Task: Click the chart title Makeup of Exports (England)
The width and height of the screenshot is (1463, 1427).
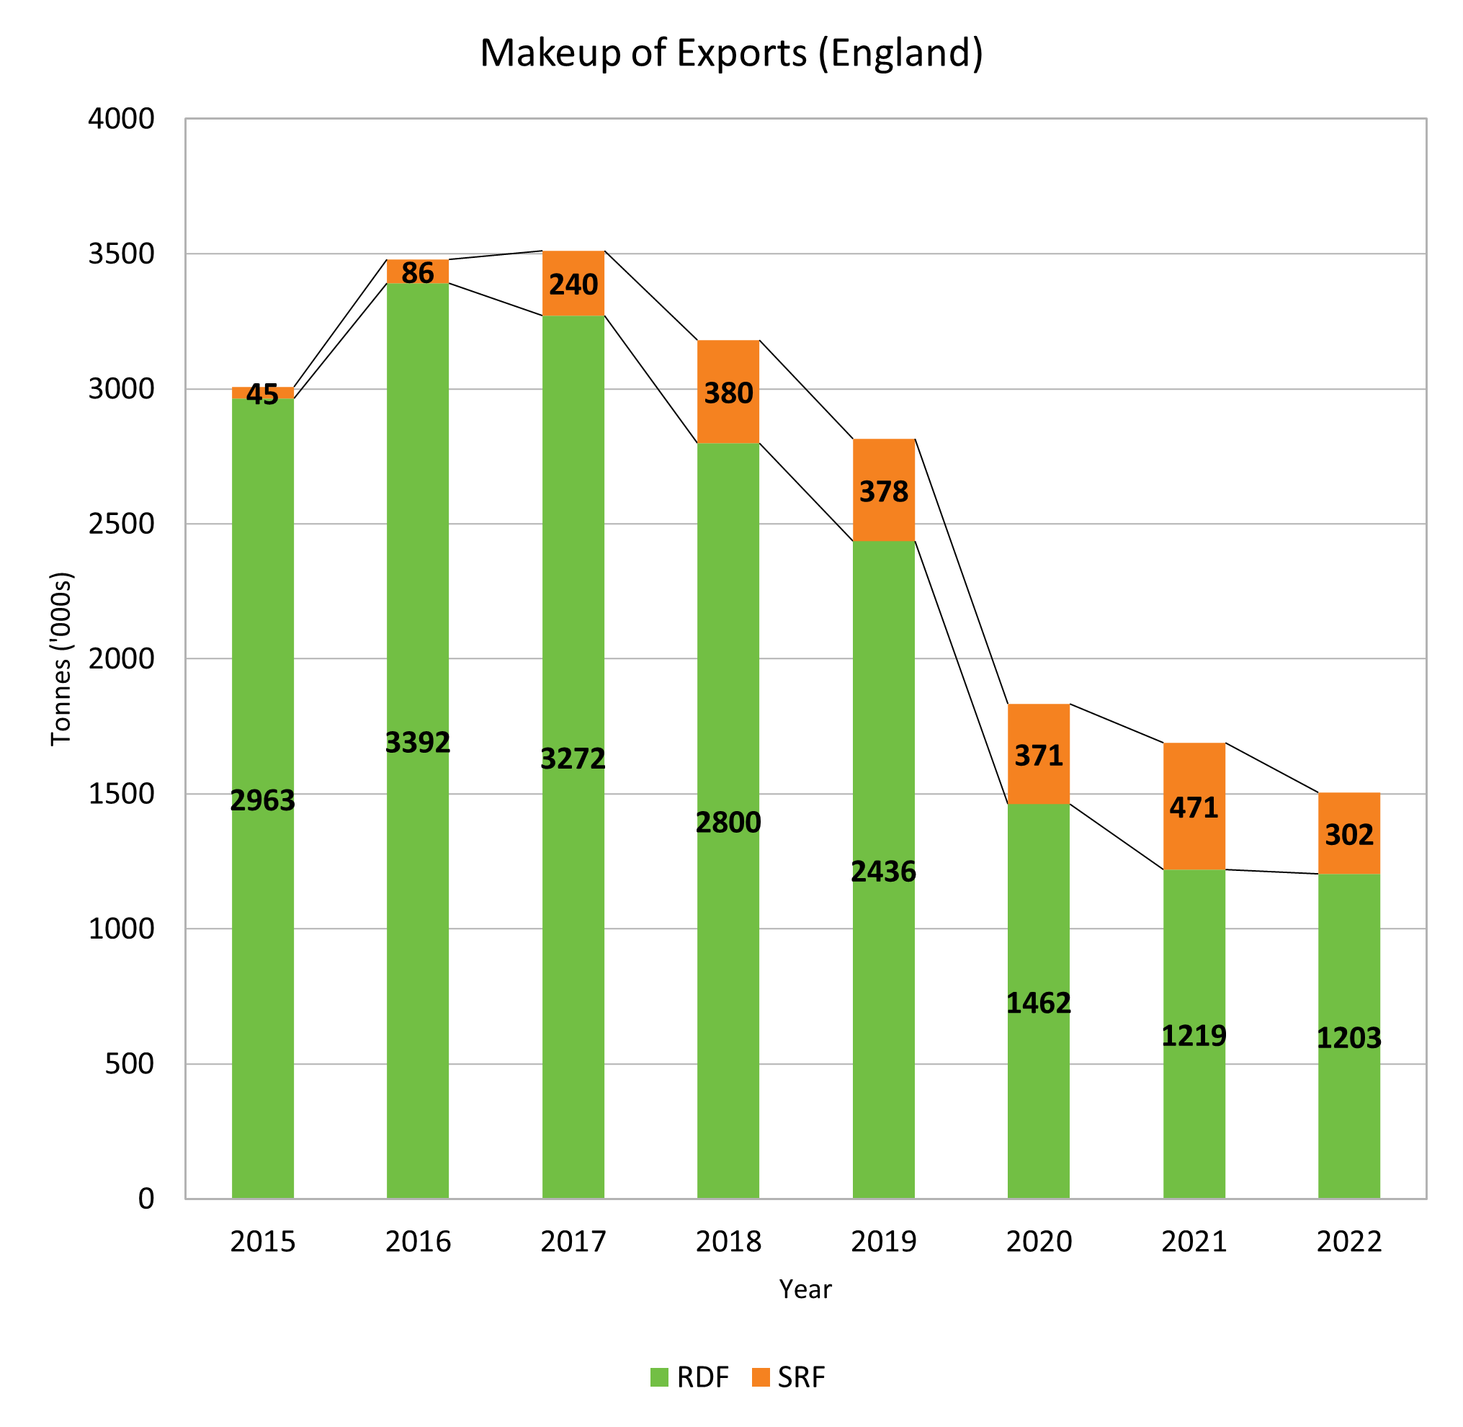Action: point(730,53)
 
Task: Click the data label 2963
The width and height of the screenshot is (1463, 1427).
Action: point(262,800)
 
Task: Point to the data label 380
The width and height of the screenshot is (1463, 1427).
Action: point(728,393)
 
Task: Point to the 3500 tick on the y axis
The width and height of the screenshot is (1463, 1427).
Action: point(122,254)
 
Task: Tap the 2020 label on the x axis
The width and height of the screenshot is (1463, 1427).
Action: point(1038,1242)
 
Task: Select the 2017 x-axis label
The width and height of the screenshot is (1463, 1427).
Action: point(573,1242)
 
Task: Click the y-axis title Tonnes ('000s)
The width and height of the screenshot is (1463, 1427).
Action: point(61,659)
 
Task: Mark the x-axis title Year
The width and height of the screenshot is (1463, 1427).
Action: point(805,1289)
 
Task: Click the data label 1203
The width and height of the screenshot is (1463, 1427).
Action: point(1348,1038)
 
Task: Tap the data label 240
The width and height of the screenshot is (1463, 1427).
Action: point(573,285)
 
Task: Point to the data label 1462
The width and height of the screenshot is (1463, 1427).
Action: point(1038,1003)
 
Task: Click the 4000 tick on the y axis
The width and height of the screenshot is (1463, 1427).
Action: point(122,118)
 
